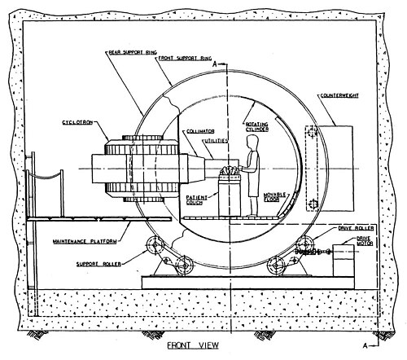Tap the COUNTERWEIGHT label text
tap(339, 95)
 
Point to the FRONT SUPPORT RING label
tap(185, 58)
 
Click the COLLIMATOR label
tap(200, 131)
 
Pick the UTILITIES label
tap(216, 141)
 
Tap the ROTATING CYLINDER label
tap(257, 127)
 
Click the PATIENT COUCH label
tap(196, 200)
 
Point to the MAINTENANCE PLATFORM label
tap(85, 241)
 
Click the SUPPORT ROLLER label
tap(98, 264)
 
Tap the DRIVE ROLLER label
tap(356, 228)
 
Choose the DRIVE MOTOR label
tap(365, 241)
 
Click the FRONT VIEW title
tap(193, 345)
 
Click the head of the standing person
tap(252, 141)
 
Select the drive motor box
tap(344, 261)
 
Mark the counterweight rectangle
tap(336, 169)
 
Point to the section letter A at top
tap(215, 64)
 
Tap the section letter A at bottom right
tap(365, 345)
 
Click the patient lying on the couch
tap(230, 171)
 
